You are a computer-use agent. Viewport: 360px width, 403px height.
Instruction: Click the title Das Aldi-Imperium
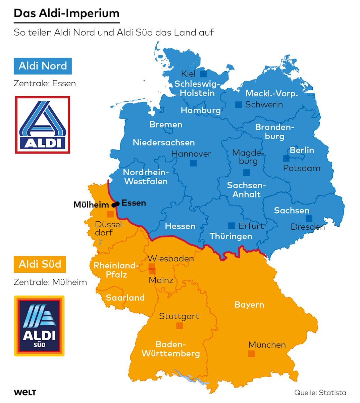coord(66,13)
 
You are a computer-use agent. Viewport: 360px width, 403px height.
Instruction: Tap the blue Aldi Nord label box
coord(43,66)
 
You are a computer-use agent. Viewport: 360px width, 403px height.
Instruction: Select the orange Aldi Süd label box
coord(40,264)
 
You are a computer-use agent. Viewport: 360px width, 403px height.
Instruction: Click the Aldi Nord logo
coord(43,125)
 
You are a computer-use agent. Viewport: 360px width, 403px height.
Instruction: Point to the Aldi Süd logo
coord(39,326)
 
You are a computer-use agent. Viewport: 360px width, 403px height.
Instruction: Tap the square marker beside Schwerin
coord(239,104)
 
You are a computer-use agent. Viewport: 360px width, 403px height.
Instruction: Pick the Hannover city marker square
coord(193,163)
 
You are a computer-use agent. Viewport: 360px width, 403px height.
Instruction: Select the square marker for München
coord(251,354)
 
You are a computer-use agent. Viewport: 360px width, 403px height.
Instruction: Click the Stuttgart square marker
coord(179,325)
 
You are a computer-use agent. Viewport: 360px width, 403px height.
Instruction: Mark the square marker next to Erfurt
coord(232,225)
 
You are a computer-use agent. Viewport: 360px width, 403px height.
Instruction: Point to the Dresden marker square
coord(309,218)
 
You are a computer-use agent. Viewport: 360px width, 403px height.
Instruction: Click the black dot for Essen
coord(117,204)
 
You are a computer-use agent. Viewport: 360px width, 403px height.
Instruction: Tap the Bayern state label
coord(249,305)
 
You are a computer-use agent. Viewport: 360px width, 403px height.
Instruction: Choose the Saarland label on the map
coord(125,298)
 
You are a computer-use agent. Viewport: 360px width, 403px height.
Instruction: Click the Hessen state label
coord(180,226)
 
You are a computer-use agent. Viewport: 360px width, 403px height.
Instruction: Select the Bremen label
coord(166,125)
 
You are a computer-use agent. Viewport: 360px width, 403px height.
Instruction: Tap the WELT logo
coord(25,393)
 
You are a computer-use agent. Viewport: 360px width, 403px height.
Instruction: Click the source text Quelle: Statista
coord(320,393)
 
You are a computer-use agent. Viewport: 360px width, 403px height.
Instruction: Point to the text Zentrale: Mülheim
coord(50,282)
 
